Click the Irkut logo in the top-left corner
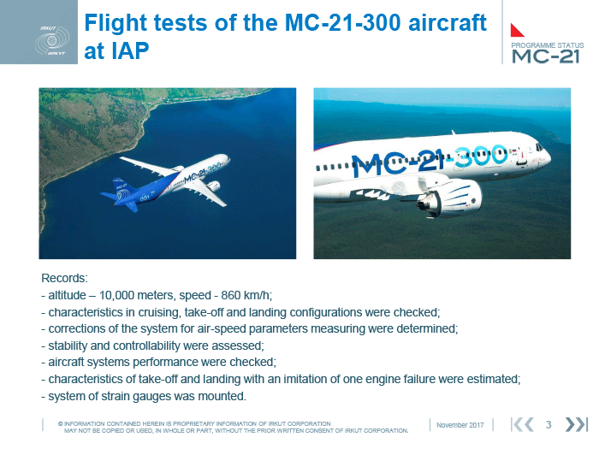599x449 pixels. point(52,40)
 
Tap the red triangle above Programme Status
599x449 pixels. point(516,31)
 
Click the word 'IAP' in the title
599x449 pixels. point(116,50)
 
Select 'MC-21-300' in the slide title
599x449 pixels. point(343,22)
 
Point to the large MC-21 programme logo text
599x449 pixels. point(546,56)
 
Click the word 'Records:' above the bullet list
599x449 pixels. point(64,278)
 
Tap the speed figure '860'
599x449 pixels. point(231,295)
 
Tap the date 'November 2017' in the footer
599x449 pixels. point(460,425)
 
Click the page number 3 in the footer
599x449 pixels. point(549,424)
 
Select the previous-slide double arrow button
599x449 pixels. point(522,424)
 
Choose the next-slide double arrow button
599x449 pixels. point(576,424)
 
